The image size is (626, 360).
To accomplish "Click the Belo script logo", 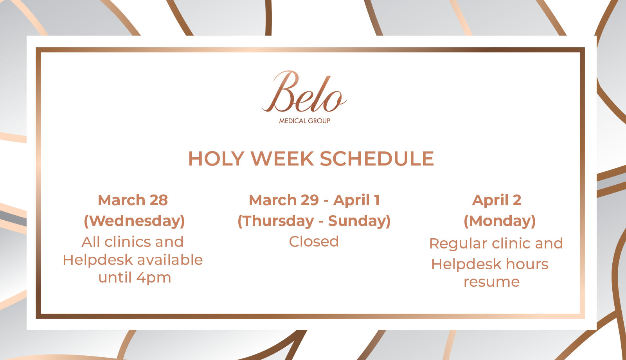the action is pyautogui.click(x=304, y=92).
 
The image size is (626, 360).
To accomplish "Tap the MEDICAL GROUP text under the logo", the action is pyautogui.click(x=305, y=121).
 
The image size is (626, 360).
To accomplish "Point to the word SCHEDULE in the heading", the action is pyautogui.click(x=377, y=158).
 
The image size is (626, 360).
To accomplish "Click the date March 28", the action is pyautogui.click(x=133, y=200).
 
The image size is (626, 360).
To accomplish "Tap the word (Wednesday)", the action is pyautogui.click(x=135, y=221).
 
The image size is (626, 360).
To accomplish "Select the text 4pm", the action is pyautogui.click(x=153, y=278).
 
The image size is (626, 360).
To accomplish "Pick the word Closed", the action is pyautogui.click(x=314, y=241).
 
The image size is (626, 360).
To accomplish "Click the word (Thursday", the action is pyautogui.click(x=276, y=221).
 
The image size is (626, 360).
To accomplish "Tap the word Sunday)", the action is pyautogui.click(x=359, y=221).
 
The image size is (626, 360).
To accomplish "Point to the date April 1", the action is pyautogui.click(x=356, y=200).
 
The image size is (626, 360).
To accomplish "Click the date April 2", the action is pyautogui.click(x=496, y=200).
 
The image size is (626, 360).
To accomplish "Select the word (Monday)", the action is pyautogui.click(x=500, y=221).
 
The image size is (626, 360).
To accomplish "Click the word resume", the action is pyautogui.click(x=491, y=282).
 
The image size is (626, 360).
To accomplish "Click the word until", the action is pyautogui.click(x=115, y=277).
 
